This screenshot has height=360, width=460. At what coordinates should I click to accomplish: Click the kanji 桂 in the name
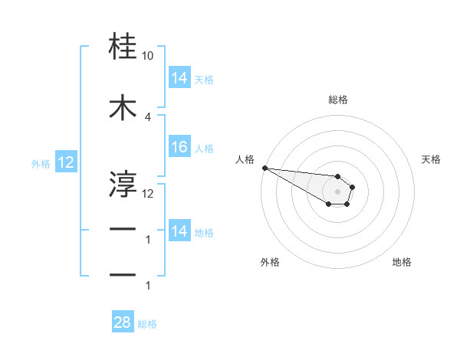click(123, 47)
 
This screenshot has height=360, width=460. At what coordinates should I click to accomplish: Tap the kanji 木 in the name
click(123, 109)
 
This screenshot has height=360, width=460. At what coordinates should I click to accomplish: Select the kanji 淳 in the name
click(123, 184)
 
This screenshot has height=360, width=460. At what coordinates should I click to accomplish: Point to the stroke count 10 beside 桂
click(148, 57)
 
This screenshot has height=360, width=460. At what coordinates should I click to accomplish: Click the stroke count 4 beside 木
click(148, 117)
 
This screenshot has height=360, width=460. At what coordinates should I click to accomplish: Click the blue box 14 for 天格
click(179, 78)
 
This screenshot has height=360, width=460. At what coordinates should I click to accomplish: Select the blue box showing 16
click(179, 148)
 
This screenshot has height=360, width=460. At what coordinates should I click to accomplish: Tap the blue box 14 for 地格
click(179, 232)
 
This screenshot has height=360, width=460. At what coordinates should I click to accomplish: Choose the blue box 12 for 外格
click(65, 162)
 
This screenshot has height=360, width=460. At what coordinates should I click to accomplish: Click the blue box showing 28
click(123, 323)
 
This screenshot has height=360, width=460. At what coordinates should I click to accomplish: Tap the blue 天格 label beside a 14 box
click(204, 79)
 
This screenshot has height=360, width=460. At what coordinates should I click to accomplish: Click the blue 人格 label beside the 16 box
click(204, 149)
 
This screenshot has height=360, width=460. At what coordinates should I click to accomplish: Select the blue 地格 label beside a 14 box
click(204, 233)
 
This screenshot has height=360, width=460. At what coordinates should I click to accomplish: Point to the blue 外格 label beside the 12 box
click(41, 163)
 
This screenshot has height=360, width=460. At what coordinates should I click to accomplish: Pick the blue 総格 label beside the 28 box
click(147, 324)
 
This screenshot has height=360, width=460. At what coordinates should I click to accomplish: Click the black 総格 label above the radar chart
click(338, 100)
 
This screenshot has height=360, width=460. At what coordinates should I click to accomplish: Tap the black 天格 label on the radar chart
click(432, 159)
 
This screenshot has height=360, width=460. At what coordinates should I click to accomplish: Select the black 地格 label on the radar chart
click(402, 262)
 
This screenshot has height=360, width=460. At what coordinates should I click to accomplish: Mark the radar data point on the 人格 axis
click(264, 168)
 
